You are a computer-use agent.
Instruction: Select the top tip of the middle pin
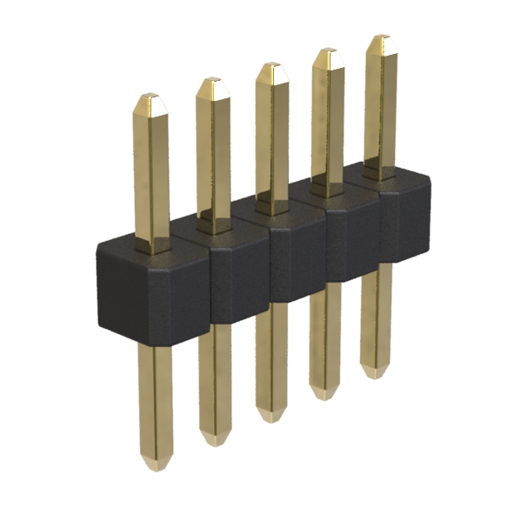270,67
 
